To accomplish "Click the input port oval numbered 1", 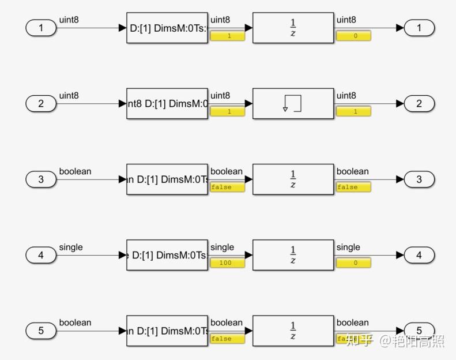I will [x=41, y=28].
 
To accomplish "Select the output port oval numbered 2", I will [x=419, y=104].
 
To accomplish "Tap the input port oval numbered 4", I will [x=41, y=255].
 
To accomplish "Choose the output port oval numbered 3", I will [x=419, y=179].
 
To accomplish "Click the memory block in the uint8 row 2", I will [x=293, y=104].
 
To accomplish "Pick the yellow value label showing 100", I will [x=228, y=263].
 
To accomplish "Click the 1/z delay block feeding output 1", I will [x=293, y=28].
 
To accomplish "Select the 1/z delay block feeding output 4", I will [x=293, y=255].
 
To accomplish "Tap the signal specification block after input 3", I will [x=167, y=179].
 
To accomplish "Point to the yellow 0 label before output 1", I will [x=353, y=36].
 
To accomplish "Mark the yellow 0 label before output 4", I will [x=353, y=263].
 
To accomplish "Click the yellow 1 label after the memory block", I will [x=353, y=111].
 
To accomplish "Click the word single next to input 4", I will [x=71, y=247].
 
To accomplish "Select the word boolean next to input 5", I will [x=75, y=323].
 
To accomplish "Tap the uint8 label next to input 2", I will [x=69, y=96].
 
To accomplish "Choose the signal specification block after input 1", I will [x=167, y=28].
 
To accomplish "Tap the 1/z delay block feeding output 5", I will [x=293, y=331].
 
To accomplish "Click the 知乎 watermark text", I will [x=360, y=341].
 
